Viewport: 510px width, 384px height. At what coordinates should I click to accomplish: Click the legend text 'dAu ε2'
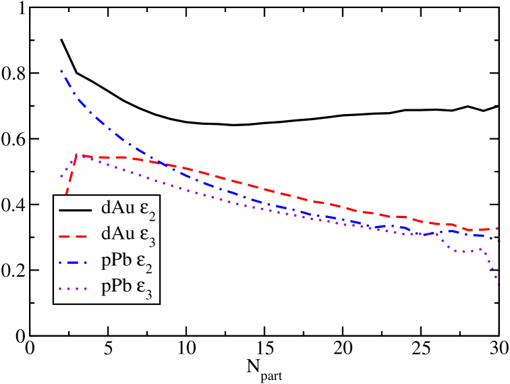tap(129, 209)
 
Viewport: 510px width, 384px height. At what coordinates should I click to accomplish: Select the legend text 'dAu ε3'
tap(129, 236)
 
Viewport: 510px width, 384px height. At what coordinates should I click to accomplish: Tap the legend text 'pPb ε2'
tap(129, 262)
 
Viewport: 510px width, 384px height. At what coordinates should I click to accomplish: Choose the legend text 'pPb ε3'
tap(129, 288)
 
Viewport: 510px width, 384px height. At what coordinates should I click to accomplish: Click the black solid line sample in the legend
tap(76, 209)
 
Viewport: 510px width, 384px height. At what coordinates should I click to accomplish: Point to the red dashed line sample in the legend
tap(76, 236)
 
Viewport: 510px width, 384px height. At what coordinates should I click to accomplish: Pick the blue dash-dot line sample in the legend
tap(76, 262)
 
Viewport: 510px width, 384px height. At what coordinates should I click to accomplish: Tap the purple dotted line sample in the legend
tap(76, 288)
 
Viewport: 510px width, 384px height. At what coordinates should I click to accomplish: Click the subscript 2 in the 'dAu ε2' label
tap(152, 215)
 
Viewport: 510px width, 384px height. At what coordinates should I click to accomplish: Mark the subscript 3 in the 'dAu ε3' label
tap(152, 242)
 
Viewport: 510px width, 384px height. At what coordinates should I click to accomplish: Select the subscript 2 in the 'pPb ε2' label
tap(152, 268)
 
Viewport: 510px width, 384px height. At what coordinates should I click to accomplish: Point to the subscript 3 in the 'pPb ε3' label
tap(152, 294)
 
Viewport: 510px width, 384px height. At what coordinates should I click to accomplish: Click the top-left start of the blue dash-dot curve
tap(61, 71)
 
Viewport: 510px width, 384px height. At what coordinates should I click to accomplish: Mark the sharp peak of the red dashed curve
tap(77, 155)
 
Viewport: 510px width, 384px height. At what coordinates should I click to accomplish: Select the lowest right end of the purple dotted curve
tap(499, 285)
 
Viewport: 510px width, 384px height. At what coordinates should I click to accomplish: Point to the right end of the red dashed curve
tap(499, 228)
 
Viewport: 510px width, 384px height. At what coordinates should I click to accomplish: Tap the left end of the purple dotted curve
tap(61, 177)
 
